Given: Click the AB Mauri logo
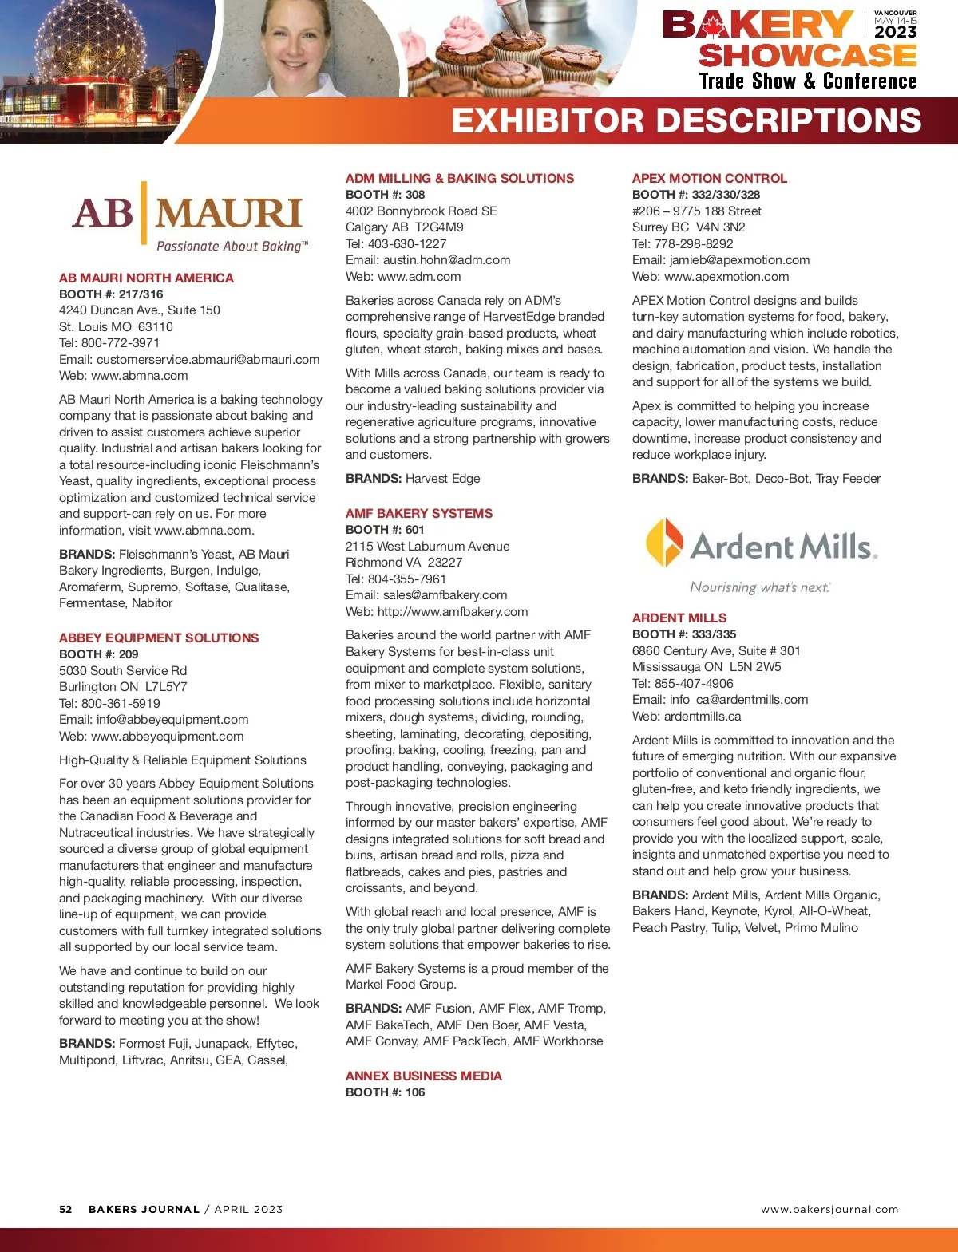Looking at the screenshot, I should pos(189,212).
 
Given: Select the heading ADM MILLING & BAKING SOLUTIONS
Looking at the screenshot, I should pos(459,178).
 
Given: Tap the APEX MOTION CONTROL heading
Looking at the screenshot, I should pos(709,178).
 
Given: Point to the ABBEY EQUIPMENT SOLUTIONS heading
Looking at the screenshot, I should pos(159,638).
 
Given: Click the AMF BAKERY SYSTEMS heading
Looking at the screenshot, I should pos(418,513).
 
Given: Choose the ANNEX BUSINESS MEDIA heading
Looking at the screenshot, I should pos(423,1076).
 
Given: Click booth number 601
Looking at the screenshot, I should pos(414,530).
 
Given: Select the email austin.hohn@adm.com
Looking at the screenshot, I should pos(446,260).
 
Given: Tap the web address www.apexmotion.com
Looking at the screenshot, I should pos(726,277).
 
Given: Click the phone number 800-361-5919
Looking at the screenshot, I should pos(121,703).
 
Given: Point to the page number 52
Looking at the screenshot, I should pos(65,1209).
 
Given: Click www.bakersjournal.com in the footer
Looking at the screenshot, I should pos(829,1209).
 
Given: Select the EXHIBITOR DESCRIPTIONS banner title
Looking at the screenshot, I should pos(686,120).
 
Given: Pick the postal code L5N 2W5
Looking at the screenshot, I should pos(755,667).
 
